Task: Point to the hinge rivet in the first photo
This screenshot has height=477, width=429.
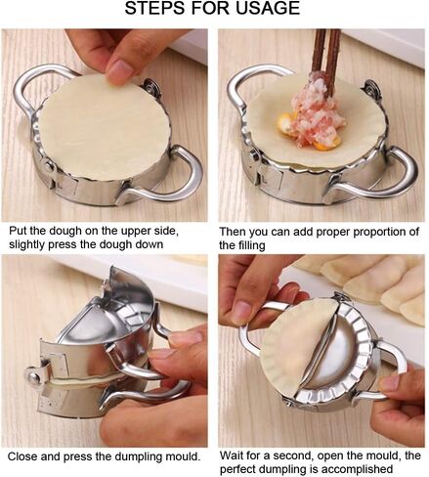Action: (50, 167)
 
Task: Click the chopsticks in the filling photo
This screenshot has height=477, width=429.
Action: (325, 62)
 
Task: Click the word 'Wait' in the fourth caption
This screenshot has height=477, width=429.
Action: (232, 455)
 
